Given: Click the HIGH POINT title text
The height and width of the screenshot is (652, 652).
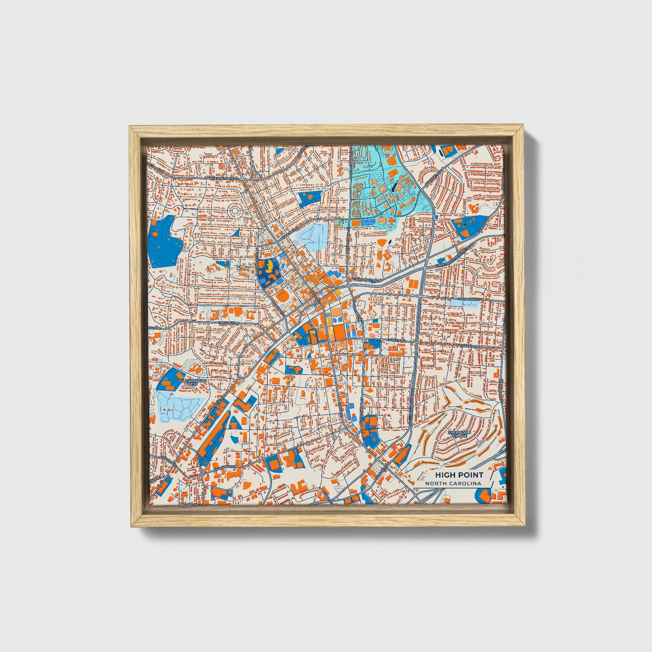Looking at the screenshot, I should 459,475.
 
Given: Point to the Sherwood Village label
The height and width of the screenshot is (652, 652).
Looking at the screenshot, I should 459,434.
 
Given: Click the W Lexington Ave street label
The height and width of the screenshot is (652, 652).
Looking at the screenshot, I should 224,179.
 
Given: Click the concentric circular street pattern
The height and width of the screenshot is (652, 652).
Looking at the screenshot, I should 235,210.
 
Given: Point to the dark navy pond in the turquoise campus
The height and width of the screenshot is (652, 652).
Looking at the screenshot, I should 395,185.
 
